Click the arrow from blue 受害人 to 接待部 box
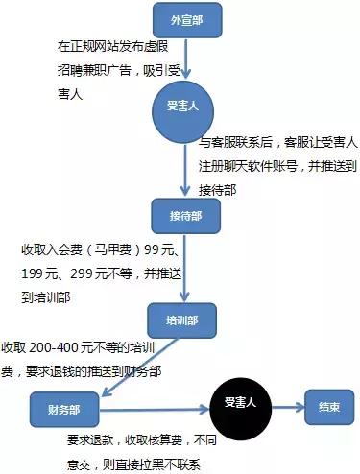[x=181, y=165]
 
